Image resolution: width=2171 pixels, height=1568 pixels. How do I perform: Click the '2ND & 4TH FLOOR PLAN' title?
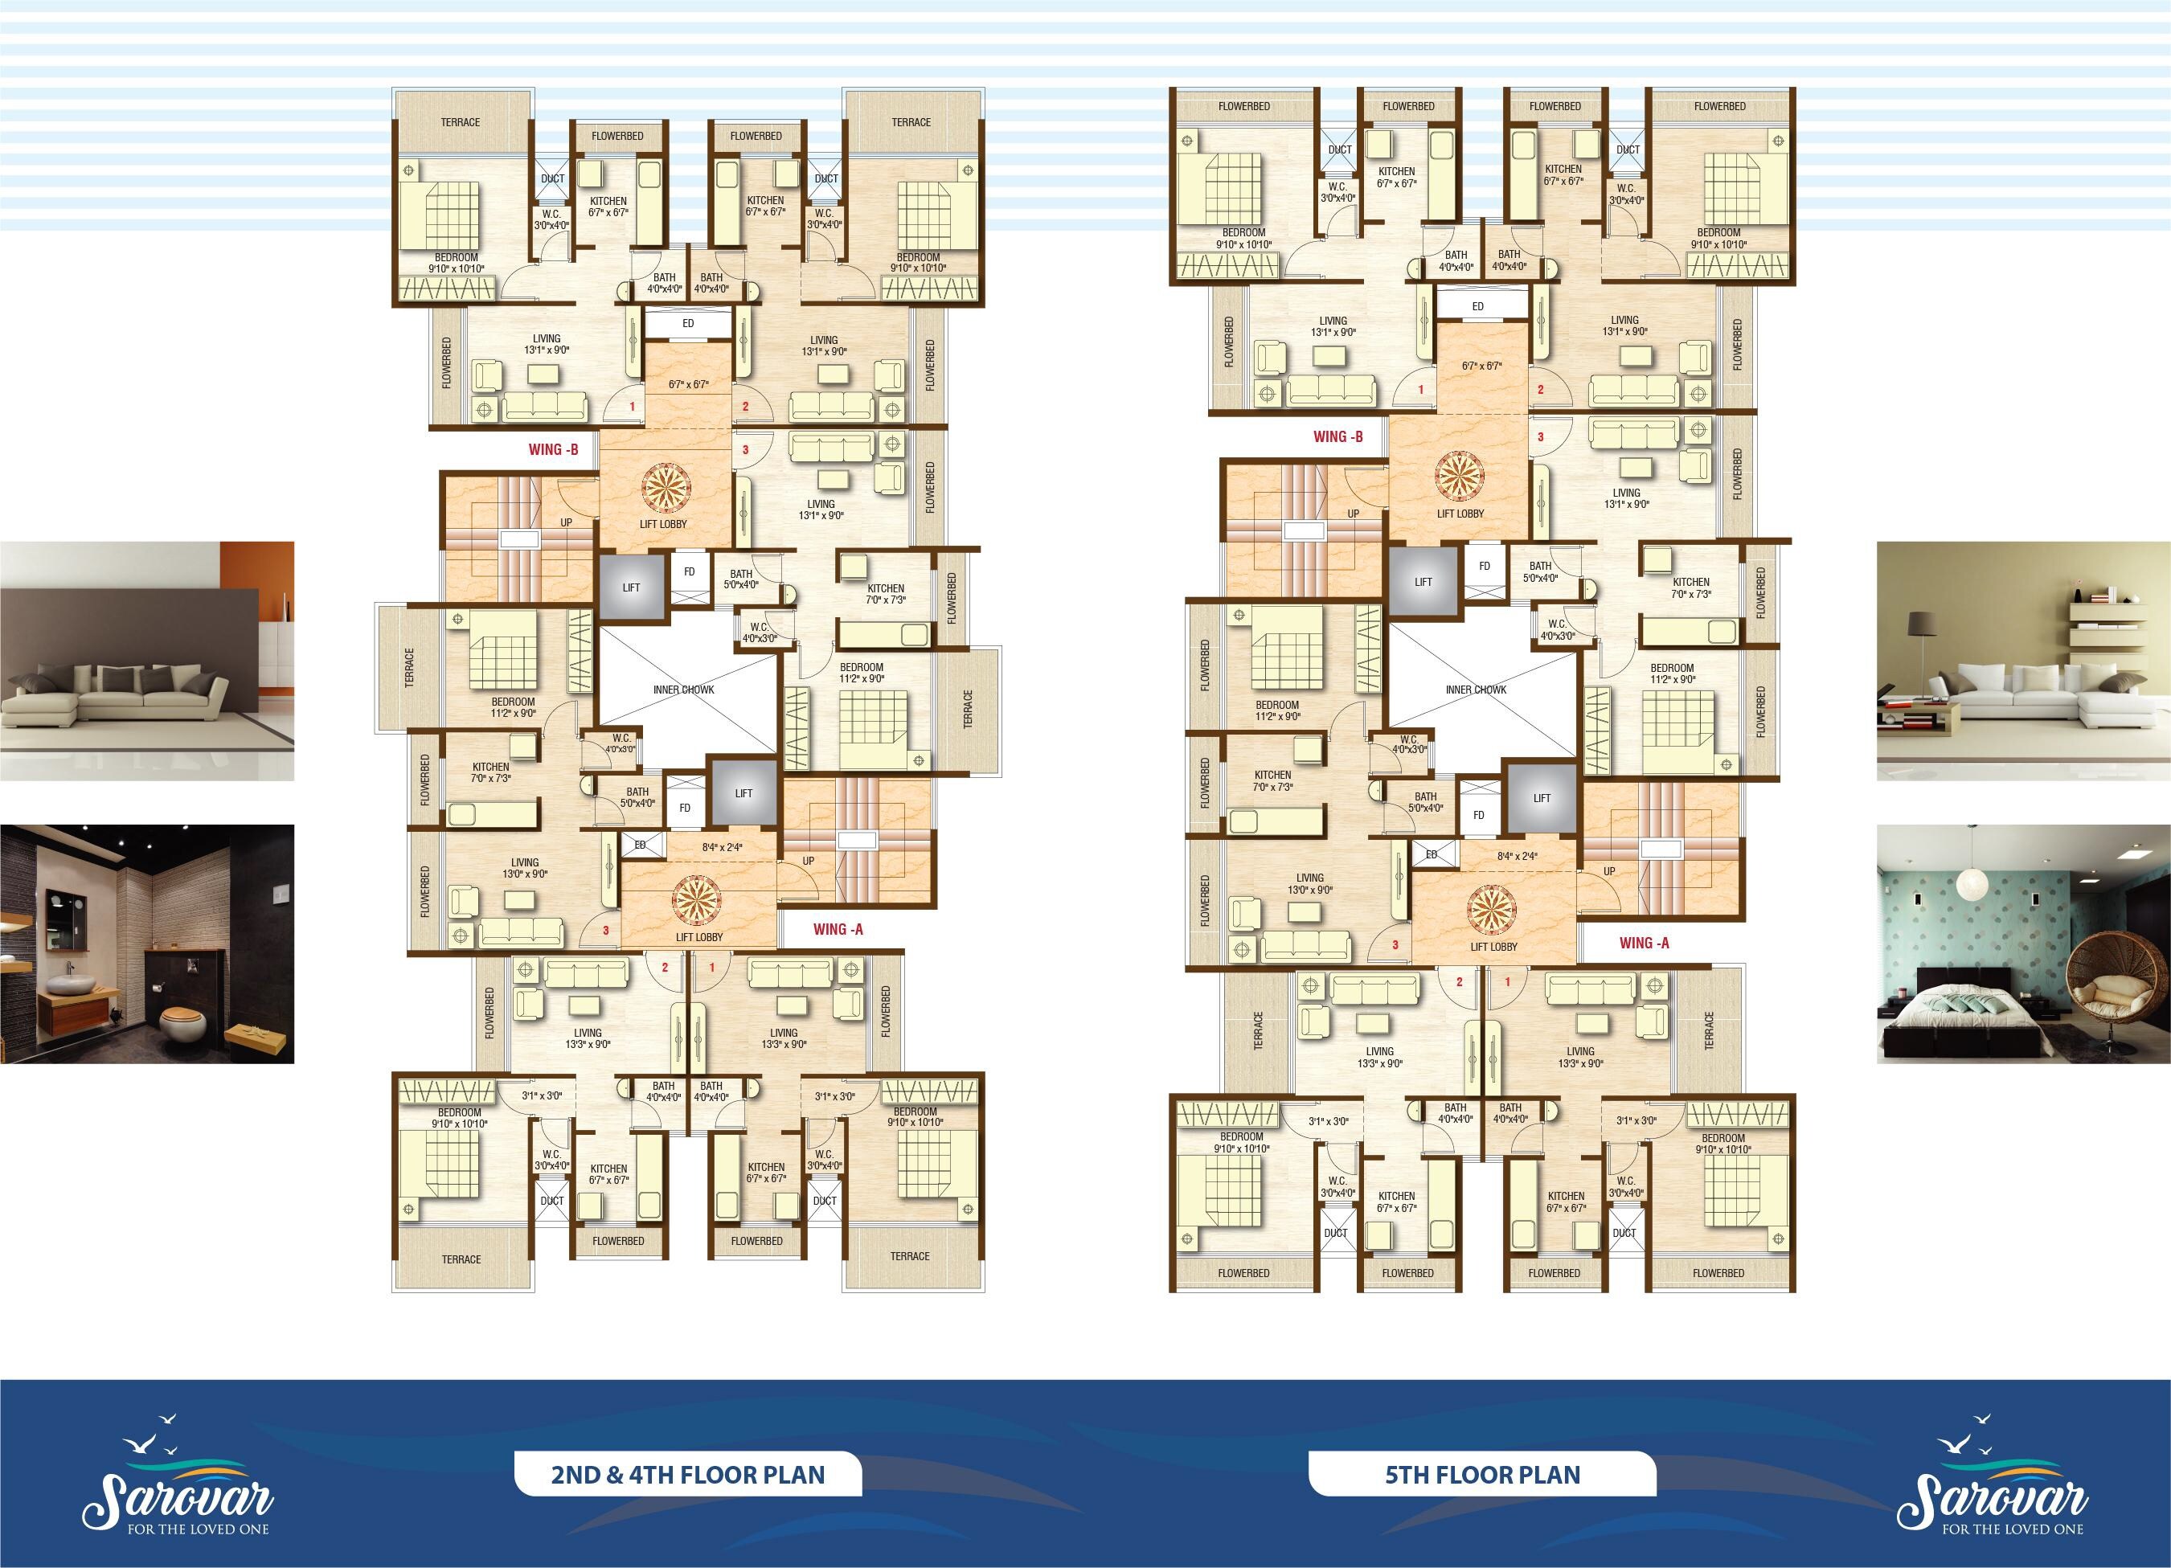click(x=687, y=1475)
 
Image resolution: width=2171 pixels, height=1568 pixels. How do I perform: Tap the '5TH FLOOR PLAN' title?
click(x=1483, y=1475)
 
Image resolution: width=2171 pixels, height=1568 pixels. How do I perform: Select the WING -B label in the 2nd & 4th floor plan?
click(x=553, y=449)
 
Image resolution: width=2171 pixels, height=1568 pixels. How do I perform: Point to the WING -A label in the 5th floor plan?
click(x=1645, y=943)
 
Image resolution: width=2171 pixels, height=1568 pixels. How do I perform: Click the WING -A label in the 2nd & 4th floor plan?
click(x=838, y=928)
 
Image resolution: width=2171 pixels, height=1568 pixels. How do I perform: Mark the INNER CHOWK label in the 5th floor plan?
click(x=1476, y=690)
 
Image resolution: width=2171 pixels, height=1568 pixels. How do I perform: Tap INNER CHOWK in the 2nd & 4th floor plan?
click(x=683, y=690)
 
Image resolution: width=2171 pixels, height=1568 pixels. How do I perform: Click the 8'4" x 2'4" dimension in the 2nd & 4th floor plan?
click(x=723, y=847)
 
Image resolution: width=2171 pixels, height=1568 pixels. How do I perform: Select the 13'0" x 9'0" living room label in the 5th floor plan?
click(x=1309, y=883)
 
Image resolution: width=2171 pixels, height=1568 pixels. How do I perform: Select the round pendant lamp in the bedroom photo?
click(x=1970, y=885)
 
